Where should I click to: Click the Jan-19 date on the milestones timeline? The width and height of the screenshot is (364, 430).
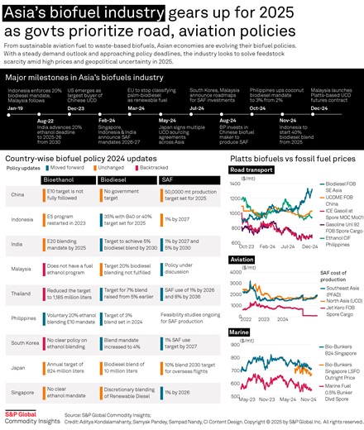16,108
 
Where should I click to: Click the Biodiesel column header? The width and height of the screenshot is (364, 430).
113,178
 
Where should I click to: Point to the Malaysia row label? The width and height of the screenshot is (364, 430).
20,268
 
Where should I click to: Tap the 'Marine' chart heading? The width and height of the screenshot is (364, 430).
240,331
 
